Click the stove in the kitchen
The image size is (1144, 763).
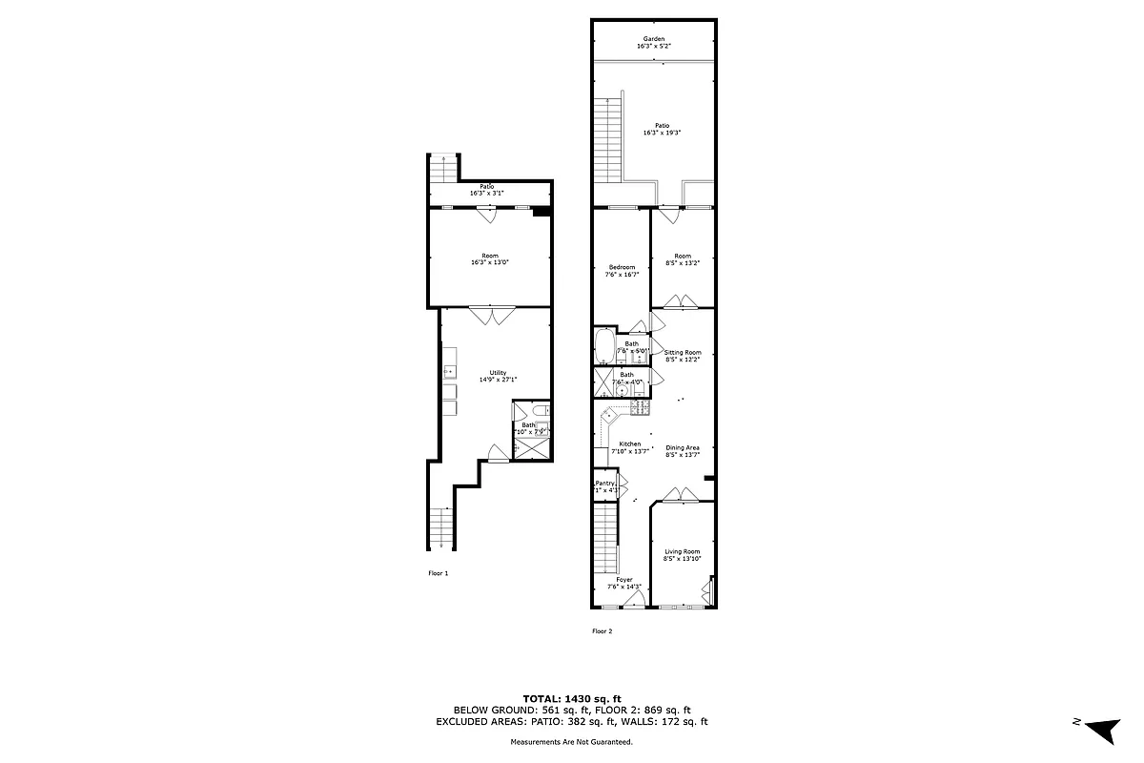click(x=640, y=408)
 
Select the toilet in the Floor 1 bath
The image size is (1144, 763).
click(x=539, y=410)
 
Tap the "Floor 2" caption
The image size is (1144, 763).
click(x=602, y=631)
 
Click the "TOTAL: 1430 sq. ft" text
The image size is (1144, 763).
click(x=572, y=699)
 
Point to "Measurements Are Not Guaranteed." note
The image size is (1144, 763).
click(x=572, y=741)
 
